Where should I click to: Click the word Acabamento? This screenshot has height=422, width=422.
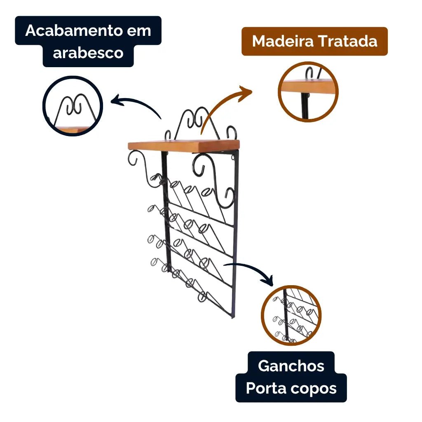(74, 30)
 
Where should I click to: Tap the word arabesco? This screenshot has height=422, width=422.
(88, 53)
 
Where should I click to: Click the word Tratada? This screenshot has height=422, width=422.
(348, 42)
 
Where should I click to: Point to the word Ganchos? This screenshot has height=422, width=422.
(291, 366)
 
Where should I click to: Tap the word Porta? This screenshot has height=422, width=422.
(265, 388)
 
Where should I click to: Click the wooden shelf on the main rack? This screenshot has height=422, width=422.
(184, 145)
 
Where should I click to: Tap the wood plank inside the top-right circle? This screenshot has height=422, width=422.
(308, 86)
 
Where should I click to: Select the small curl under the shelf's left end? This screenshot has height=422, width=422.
(133, 158)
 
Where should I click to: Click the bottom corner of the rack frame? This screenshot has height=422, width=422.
(233, 318)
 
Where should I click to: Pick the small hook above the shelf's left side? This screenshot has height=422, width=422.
(168, 135)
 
